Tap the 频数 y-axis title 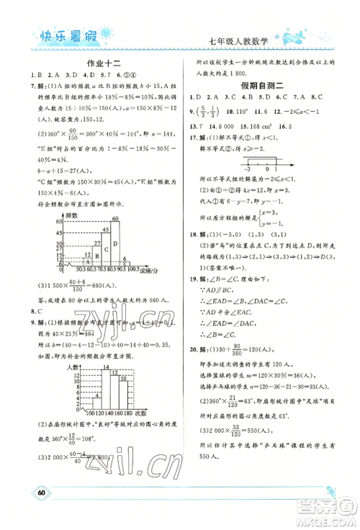coord(72,215)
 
